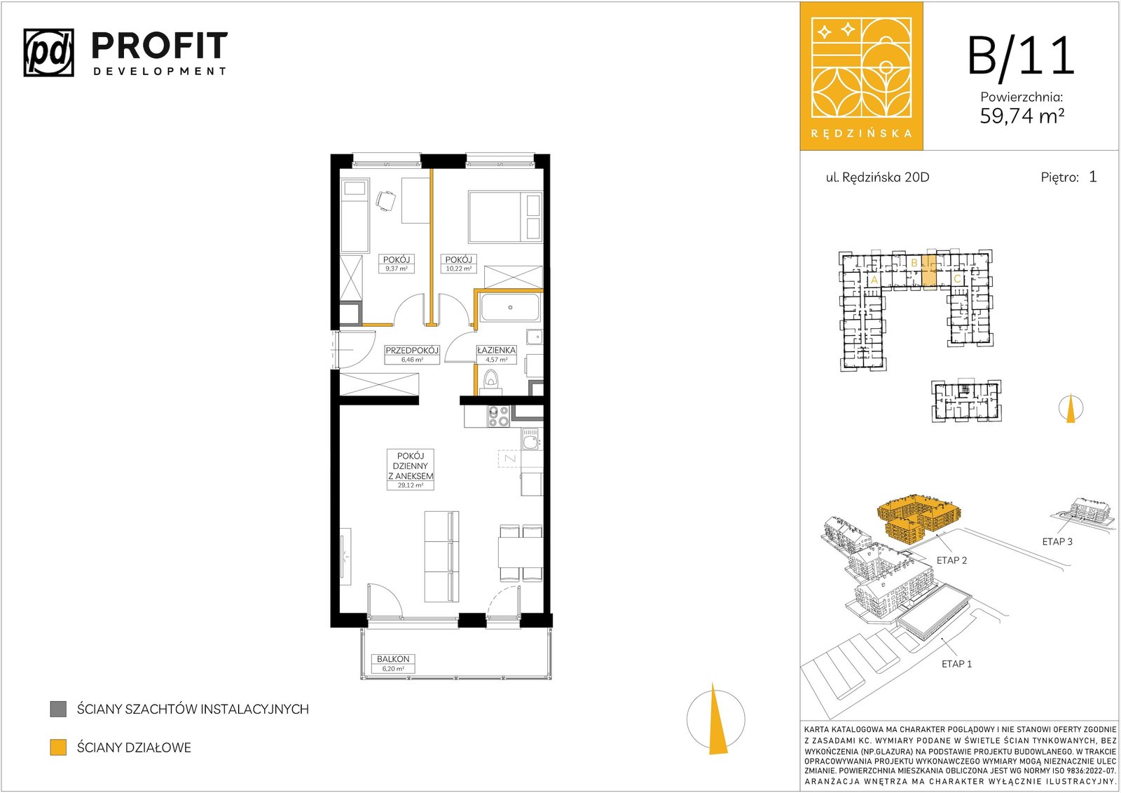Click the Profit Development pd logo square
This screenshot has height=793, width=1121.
(x=48, y=53)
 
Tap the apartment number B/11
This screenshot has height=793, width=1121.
(x=1021, y=56)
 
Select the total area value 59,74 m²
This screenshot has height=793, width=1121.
(x=1022, y=116)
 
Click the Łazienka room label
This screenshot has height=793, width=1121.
(x=496, y=350)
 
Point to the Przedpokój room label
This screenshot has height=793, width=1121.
(x=412, y=350)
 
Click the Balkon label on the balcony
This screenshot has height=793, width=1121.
(x=393, y=659)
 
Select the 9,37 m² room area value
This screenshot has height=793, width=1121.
(x=397, y=269)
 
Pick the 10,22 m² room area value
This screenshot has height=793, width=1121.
(x=458, y=269)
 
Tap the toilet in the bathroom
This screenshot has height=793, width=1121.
(x=491, y=381)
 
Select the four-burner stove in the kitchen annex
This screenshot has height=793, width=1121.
(x=498, y=416)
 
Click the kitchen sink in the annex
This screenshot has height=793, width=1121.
(x=530, y=440)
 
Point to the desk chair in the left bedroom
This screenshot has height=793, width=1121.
(x=386, y=201)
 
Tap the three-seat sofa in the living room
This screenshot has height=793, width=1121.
(x=441, y=556)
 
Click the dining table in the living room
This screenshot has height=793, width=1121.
(x=521, y=552)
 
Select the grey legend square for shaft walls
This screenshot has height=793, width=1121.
(x=58, y=709)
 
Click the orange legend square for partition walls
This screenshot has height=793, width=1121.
(x=58, y=747)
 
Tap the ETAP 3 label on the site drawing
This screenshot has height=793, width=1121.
(x=1057, y=541)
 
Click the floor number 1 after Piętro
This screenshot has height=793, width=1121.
(x=1092, y=176)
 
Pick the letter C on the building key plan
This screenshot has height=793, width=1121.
(x=957, y=278)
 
